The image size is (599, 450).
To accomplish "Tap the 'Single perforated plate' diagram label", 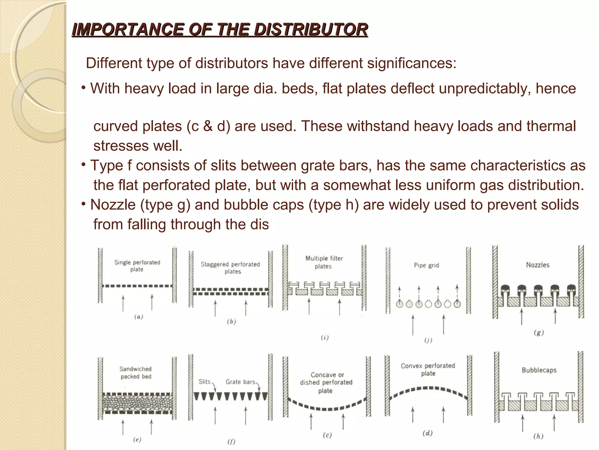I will (137, 266).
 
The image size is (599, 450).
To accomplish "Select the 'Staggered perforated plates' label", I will (230, 268).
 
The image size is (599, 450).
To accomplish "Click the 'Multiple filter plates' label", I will (324, 262).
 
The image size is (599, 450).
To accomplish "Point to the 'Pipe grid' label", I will (426, 265).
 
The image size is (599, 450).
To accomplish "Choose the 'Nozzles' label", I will (538, 265).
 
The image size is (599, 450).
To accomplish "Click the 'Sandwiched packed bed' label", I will (136, 373).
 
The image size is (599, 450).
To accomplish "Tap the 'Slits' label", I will (204, 382).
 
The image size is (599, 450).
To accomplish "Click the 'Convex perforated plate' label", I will (428, 369).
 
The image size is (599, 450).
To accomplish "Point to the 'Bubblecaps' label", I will (539, 370).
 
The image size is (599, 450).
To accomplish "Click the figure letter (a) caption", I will (139, 317).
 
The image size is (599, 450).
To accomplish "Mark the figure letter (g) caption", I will (539, 333).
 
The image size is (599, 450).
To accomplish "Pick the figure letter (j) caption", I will (428, 340).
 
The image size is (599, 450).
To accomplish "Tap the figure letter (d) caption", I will (428, 433).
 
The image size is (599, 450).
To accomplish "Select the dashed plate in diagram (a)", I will (137, 286).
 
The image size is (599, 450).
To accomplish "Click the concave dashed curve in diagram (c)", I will (327, 408).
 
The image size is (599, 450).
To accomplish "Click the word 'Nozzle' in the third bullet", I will (113, 205).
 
